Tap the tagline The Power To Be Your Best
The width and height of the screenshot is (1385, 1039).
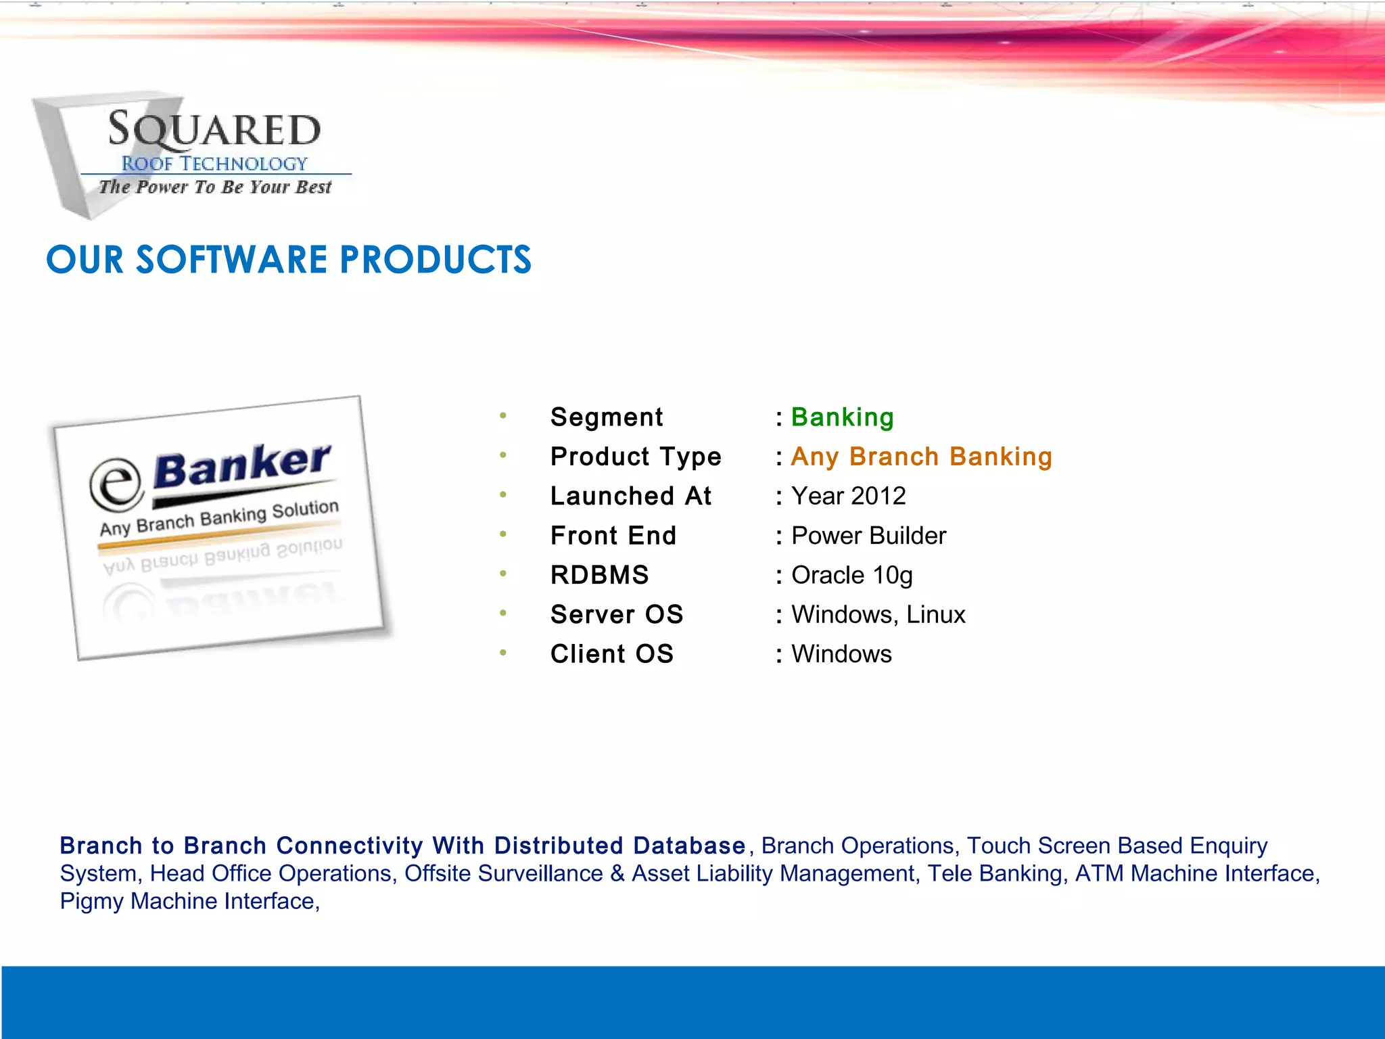point(215,187)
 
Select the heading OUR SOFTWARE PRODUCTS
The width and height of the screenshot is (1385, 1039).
point(289,260)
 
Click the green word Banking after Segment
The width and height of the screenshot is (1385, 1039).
point(842,417)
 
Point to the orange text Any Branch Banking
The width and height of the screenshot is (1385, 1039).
point(921,457)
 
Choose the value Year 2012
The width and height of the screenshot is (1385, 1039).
point(848,496)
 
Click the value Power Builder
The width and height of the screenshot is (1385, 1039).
point(868,536)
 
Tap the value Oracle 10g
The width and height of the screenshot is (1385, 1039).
point(851,575)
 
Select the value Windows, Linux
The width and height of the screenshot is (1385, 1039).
point(878,614)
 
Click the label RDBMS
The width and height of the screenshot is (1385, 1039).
point(599,575)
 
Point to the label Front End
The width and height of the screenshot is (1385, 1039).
point(613,536)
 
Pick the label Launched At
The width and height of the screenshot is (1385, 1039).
point(630,496)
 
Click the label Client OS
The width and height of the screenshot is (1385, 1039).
point(611,654)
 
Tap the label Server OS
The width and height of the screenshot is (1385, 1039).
point(616,614)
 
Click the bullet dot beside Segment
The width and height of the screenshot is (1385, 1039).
point(503,415)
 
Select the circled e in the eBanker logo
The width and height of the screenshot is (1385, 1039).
point(117,484)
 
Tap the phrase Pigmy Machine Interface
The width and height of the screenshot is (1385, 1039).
point(189,901)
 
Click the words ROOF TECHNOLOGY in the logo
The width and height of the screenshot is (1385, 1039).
point(214,164)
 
